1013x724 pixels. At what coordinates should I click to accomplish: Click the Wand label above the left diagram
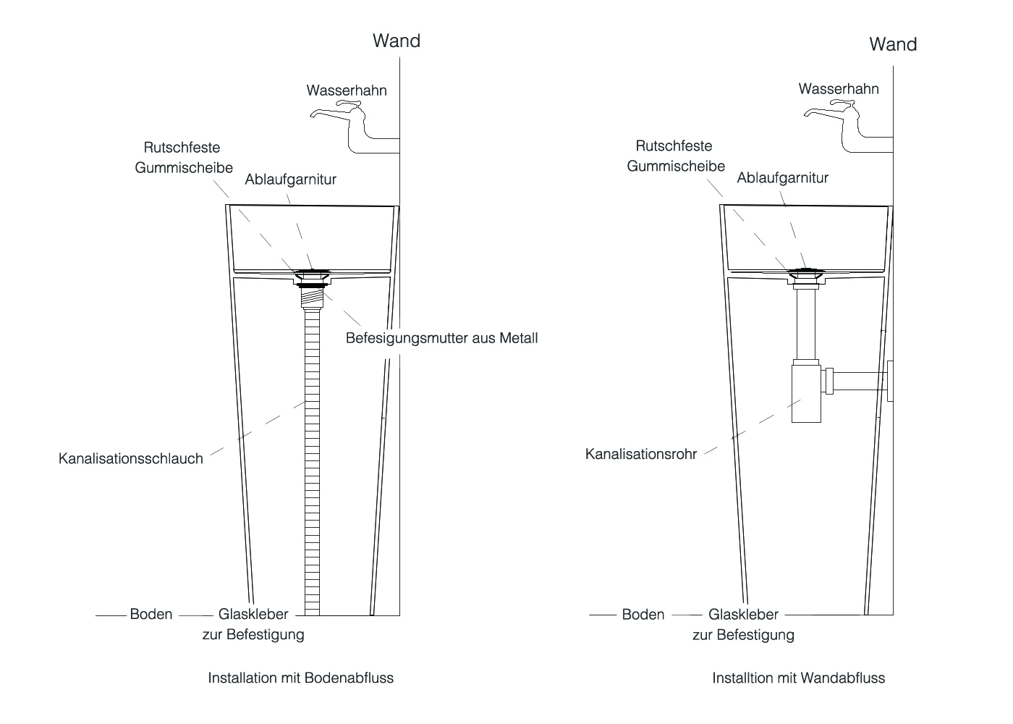tap(397, 41)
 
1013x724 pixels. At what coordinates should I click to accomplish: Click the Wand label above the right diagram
tap(893, 44)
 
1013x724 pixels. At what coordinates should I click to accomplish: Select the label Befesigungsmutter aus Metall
tap(441, 338)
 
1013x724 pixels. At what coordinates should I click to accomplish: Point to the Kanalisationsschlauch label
tap(131, 458)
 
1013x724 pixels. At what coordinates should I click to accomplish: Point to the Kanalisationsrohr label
tap(641, 454)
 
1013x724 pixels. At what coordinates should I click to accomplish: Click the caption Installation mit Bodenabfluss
tap(301, 678)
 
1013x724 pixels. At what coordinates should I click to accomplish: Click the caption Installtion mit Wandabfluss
tap(798, 678)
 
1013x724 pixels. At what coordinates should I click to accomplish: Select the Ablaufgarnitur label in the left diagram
tap(290, 180)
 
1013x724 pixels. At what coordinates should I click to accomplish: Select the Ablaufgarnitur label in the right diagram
tap(782, 178)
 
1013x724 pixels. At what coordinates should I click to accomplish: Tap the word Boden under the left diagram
tap(151, 614)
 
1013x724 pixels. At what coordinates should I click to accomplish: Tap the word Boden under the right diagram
tap(643, 615)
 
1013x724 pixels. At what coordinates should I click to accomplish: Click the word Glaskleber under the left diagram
tap(253, 614)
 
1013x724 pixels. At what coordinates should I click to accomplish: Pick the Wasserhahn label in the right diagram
tap(839, 88)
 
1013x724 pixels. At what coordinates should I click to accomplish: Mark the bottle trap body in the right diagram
tap(806, 392)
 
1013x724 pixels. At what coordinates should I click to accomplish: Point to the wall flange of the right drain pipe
tap(890, 381)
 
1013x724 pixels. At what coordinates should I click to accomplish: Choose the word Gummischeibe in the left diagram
tap(184, 168)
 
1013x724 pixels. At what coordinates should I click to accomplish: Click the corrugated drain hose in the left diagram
tap(312, 462)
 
